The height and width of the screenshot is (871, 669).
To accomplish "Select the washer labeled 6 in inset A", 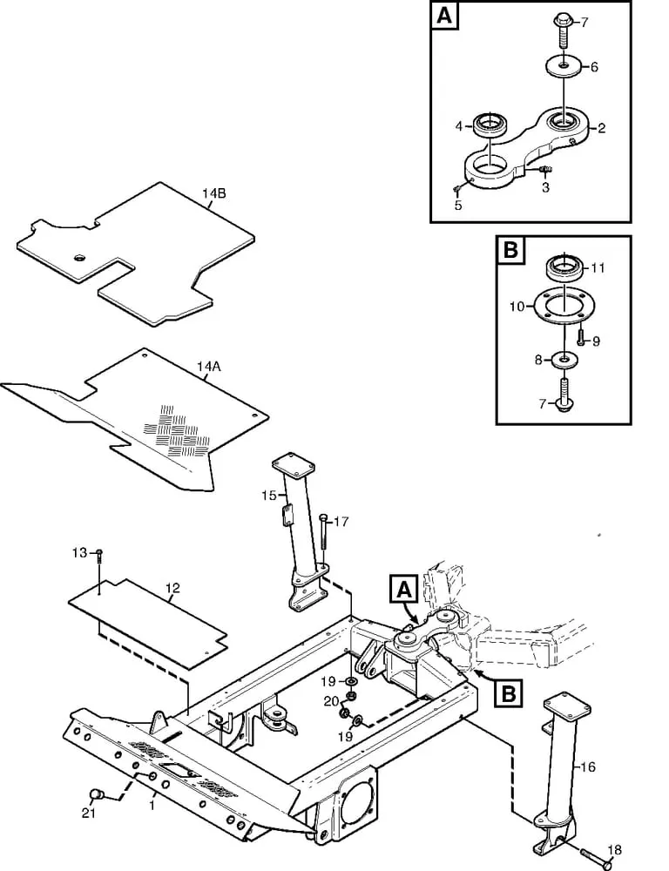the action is pyautogui.click(x=563, y=67).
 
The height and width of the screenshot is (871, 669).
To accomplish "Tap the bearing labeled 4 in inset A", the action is pyautogui.click(x=489, y=125).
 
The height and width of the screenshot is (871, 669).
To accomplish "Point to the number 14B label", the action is pyautogui.click(x=214, y=194).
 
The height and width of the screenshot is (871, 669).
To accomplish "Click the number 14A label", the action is pyautogui.click(x=208, y=368).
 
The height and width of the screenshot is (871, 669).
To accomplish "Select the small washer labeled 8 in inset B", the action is pyautogui.click(x=564, y=360).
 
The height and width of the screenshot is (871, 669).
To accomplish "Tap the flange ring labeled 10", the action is pyautogui.click(x=564, y=305).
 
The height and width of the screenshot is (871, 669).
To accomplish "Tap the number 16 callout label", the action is pyautogui.click(x=588, y=767).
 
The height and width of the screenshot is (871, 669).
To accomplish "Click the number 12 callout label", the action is pyautogui.click(x=172, y=588).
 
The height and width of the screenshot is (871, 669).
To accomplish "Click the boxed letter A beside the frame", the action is pyautogui.click(x=403, y=590).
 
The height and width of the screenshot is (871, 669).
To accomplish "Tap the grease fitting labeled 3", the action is pyautogui.click(x=544, y=168).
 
